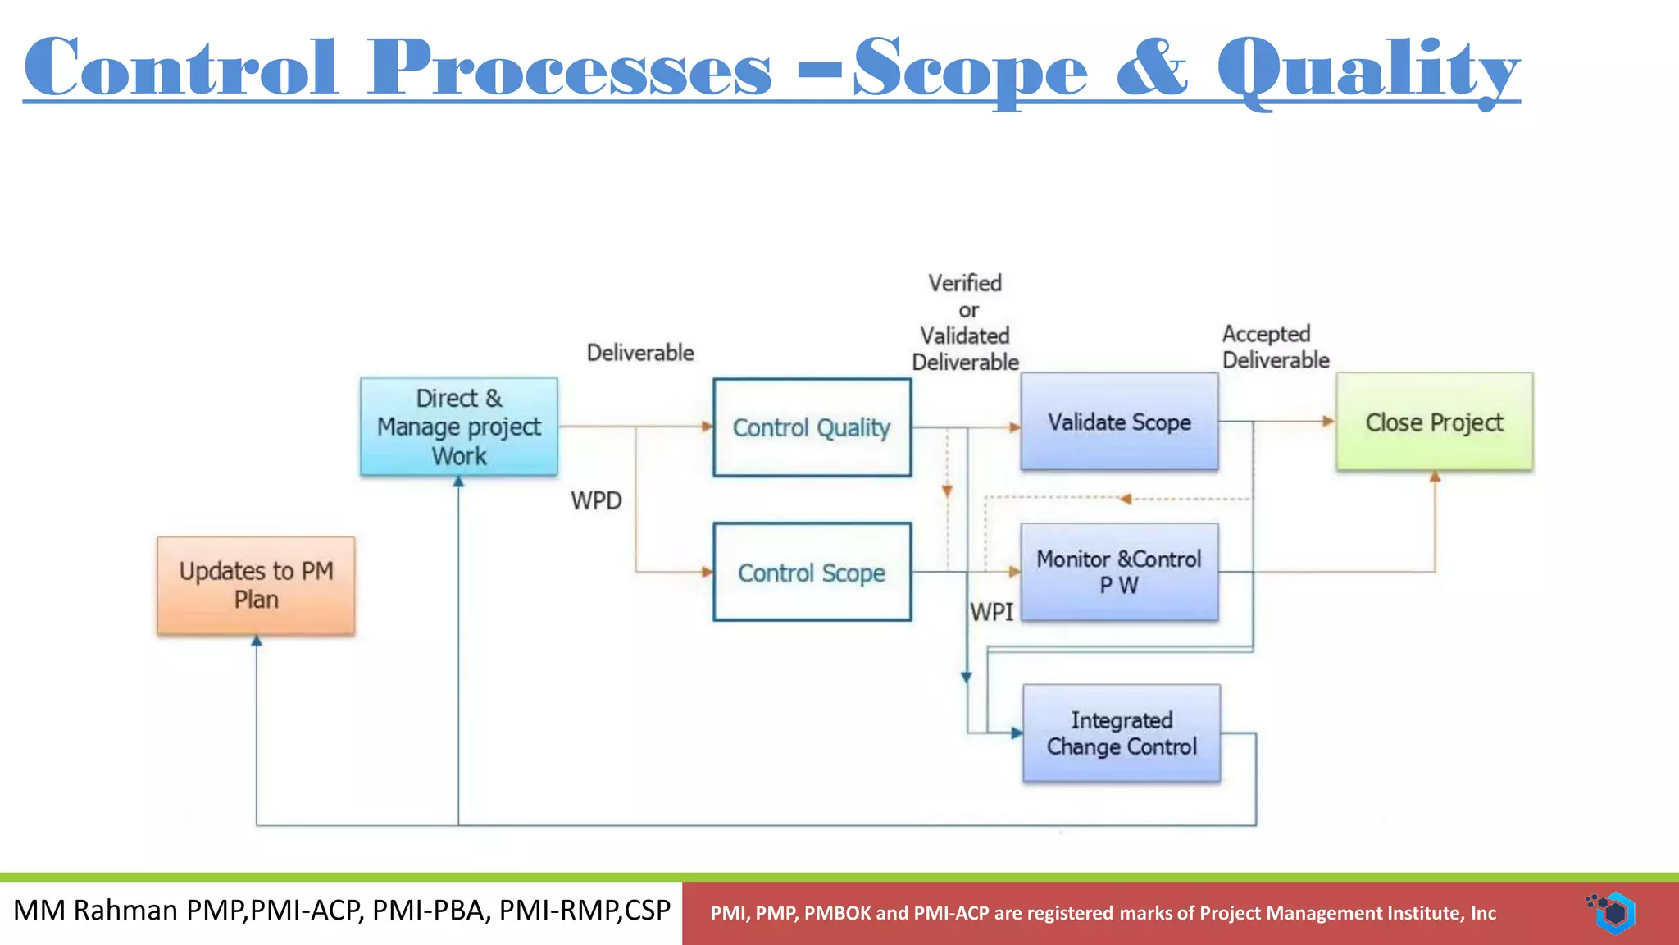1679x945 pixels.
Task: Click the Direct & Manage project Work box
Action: (458, 427)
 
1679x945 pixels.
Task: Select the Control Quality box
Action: (812, 427)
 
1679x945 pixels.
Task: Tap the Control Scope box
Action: (812, 572)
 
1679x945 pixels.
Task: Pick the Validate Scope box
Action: (1119, 422)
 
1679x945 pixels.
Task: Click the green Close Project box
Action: (1434, 422)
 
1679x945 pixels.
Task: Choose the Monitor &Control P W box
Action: (1119, 572)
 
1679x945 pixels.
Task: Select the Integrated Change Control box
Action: (1122, 733)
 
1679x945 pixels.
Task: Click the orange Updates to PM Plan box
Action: (256, 585)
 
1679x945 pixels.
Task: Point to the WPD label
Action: (596, 500)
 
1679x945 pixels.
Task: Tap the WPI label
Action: (991, 612)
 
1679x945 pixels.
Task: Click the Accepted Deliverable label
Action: (1275, 346)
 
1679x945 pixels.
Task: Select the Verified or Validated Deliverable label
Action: (965, 322)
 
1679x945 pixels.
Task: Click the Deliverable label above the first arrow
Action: (640, 353)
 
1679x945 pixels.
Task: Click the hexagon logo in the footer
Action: (1613, 912)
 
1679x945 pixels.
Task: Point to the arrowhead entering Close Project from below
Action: (1435, 476)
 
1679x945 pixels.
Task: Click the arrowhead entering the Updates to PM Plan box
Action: (257, 641)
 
